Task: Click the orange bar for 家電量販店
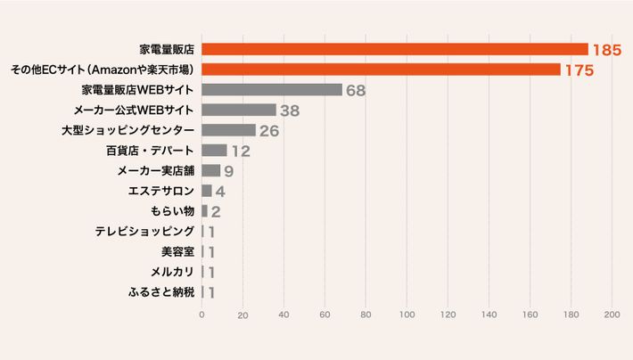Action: pyautogui.click(x=395, y=49)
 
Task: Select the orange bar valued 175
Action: pyautogui.click(x=381, y=70)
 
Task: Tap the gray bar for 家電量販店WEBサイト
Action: pyautogui.click(x=272, y=90)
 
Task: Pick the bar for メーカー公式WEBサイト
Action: pyautogui.click(x=239, y=110)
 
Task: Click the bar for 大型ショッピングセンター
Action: pyautogui.click(x=228, y=130)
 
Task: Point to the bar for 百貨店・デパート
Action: pyautogui.click(x=214, y=150)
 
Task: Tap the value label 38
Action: pyautogui.click(x=290, y=110)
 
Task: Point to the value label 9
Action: pyautogui.click(x=229, y=170)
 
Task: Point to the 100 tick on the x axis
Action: pyautogui.click(x=407, y=315)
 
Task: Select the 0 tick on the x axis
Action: pyautogui.click(x=201, y=315)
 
